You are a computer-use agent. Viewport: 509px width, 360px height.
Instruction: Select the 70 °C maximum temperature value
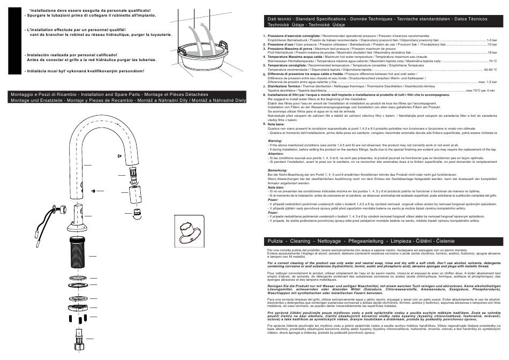pos(493,61)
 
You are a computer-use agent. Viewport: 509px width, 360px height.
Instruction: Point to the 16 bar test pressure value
pos(492,52)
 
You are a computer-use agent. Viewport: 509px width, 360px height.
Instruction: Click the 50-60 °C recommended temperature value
pos(491,70)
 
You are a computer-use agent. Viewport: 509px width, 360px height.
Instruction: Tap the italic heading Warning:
pos(274,141)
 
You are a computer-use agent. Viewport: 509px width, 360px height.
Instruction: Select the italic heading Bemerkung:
pos(277,170)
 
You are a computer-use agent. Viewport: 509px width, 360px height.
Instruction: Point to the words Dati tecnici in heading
pos(279,19)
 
